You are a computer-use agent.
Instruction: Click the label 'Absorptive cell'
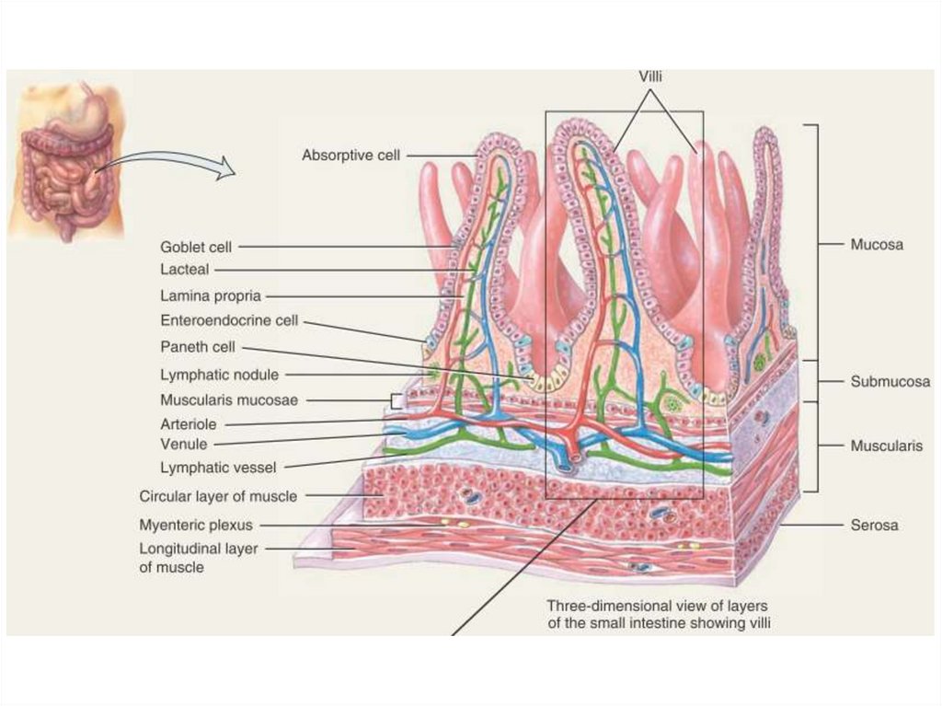coord(350,156)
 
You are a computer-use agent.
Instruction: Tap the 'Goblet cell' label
coord(196,247)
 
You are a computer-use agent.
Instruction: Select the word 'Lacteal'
coord(185,270)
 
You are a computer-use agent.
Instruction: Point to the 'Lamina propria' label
coord(211,295)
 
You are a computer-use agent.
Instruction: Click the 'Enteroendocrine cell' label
coord(229,321)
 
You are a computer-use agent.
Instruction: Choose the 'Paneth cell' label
coord(198,347)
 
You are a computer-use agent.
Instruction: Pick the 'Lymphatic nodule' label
coord(219,375)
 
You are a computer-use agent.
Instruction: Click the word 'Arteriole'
coord(189,424)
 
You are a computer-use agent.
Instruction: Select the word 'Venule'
coord(183,444)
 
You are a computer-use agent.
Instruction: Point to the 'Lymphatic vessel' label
coord(218,468)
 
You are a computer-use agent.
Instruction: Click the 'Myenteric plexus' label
coord(196,526)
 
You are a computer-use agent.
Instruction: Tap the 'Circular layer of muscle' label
coord(218,496)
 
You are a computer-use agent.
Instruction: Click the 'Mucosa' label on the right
coord(877,245)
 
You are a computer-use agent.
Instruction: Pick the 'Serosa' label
coord(874,526)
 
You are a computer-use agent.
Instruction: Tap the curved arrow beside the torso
coord(166,164)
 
